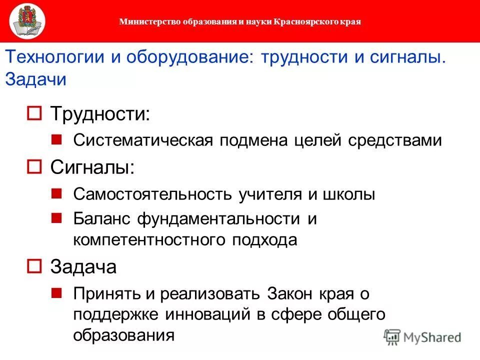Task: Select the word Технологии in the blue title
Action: [x=55, y=57]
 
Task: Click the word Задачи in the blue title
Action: [x=35, y=79]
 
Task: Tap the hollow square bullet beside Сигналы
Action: [x=34, y=167]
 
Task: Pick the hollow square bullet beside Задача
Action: [x=34, y=266]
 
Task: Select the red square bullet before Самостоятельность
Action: [x=56, y=192]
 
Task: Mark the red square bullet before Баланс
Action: [x=56, y=217]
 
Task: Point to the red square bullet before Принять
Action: [x=56, y=291]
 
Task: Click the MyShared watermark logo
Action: [x=423, y=336]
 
